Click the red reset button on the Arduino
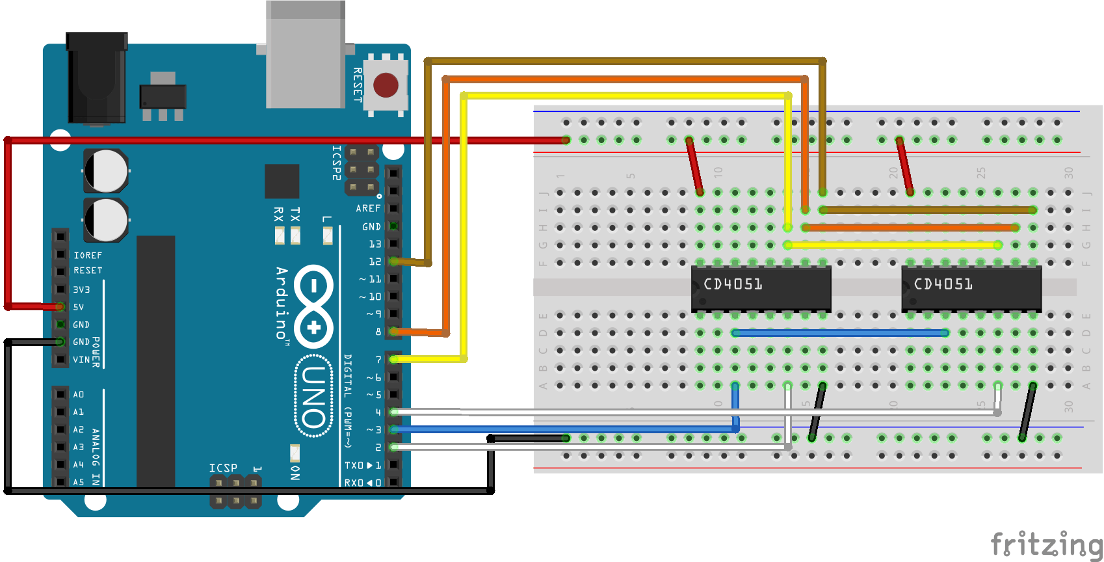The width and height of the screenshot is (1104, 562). (386, 85)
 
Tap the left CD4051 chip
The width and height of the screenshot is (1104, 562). (761, 287)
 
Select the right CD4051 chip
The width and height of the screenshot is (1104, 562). (971, 287)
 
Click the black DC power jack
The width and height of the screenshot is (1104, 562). (96, 78)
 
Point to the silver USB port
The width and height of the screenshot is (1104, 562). (306, 55)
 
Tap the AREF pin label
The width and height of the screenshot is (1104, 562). (368, 208)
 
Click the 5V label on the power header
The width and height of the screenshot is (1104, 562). (79, 307)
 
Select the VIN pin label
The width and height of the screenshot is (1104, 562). (81, 360)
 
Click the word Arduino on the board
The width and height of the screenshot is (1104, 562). (282, 302)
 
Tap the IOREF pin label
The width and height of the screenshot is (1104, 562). (88, 256)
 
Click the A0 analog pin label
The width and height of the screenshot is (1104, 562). (79, 395)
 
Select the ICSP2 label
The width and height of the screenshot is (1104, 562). (336, 163)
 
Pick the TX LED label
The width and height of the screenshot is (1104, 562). (295, 214)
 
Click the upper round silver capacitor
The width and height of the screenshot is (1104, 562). (105, 170)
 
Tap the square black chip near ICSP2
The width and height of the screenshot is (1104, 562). (282, 181)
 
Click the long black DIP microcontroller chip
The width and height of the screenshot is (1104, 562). (155, 361)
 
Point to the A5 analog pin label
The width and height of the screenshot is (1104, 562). (79, 482)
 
